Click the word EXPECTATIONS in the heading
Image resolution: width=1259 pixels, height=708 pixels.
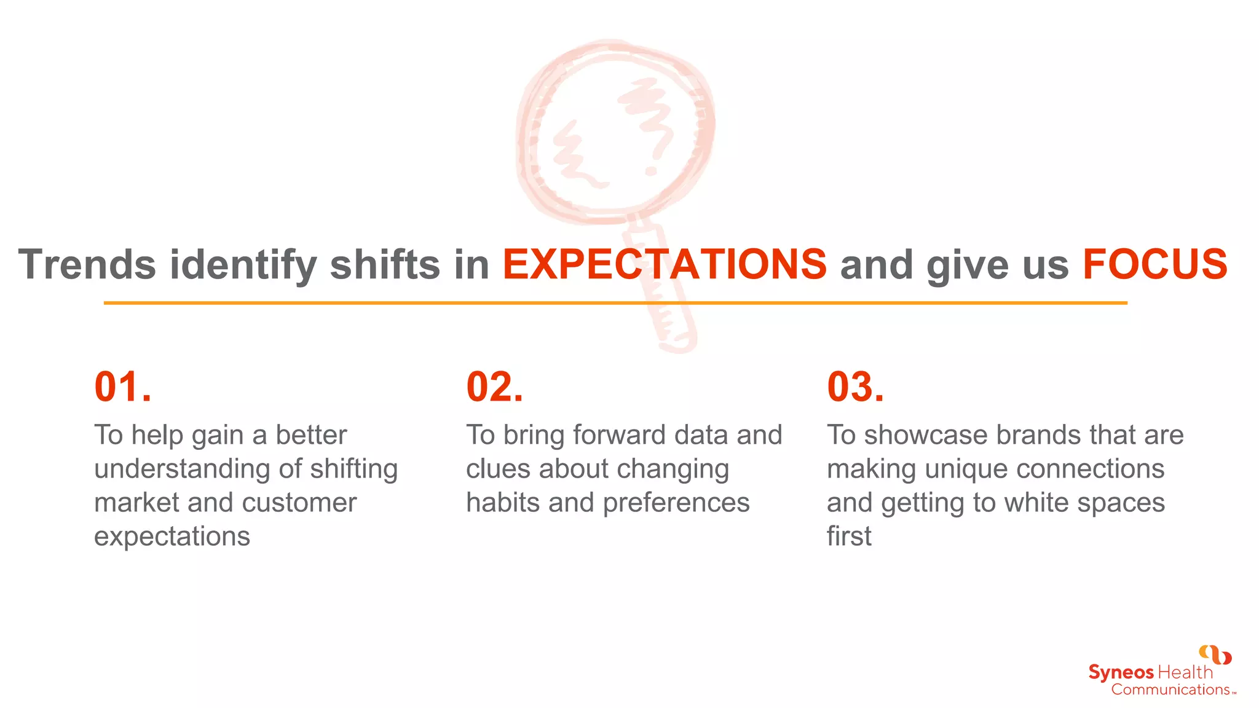point(665,265)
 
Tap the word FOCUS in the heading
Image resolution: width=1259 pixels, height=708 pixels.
point(1154,265)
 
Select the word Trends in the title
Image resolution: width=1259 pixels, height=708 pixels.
point(87,265)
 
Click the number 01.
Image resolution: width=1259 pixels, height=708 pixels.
point(122,387)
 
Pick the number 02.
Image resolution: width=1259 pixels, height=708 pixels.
point(494,387)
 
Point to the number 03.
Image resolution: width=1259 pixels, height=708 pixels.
point(855,387)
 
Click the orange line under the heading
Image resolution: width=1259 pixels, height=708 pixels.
point(615,303)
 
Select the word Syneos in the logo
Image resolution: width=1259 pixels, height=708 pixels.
point(1121,672)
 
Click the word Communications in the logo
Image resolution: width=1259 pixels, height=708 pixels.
point(1170,690)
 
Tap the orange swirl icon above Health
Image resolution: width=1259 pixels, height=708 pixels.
point(1215,655)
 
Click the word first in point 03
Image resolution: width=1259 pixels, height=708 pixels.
point(849,537)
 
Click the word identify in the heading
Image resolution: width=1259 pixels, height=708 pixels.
point(243,265)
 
